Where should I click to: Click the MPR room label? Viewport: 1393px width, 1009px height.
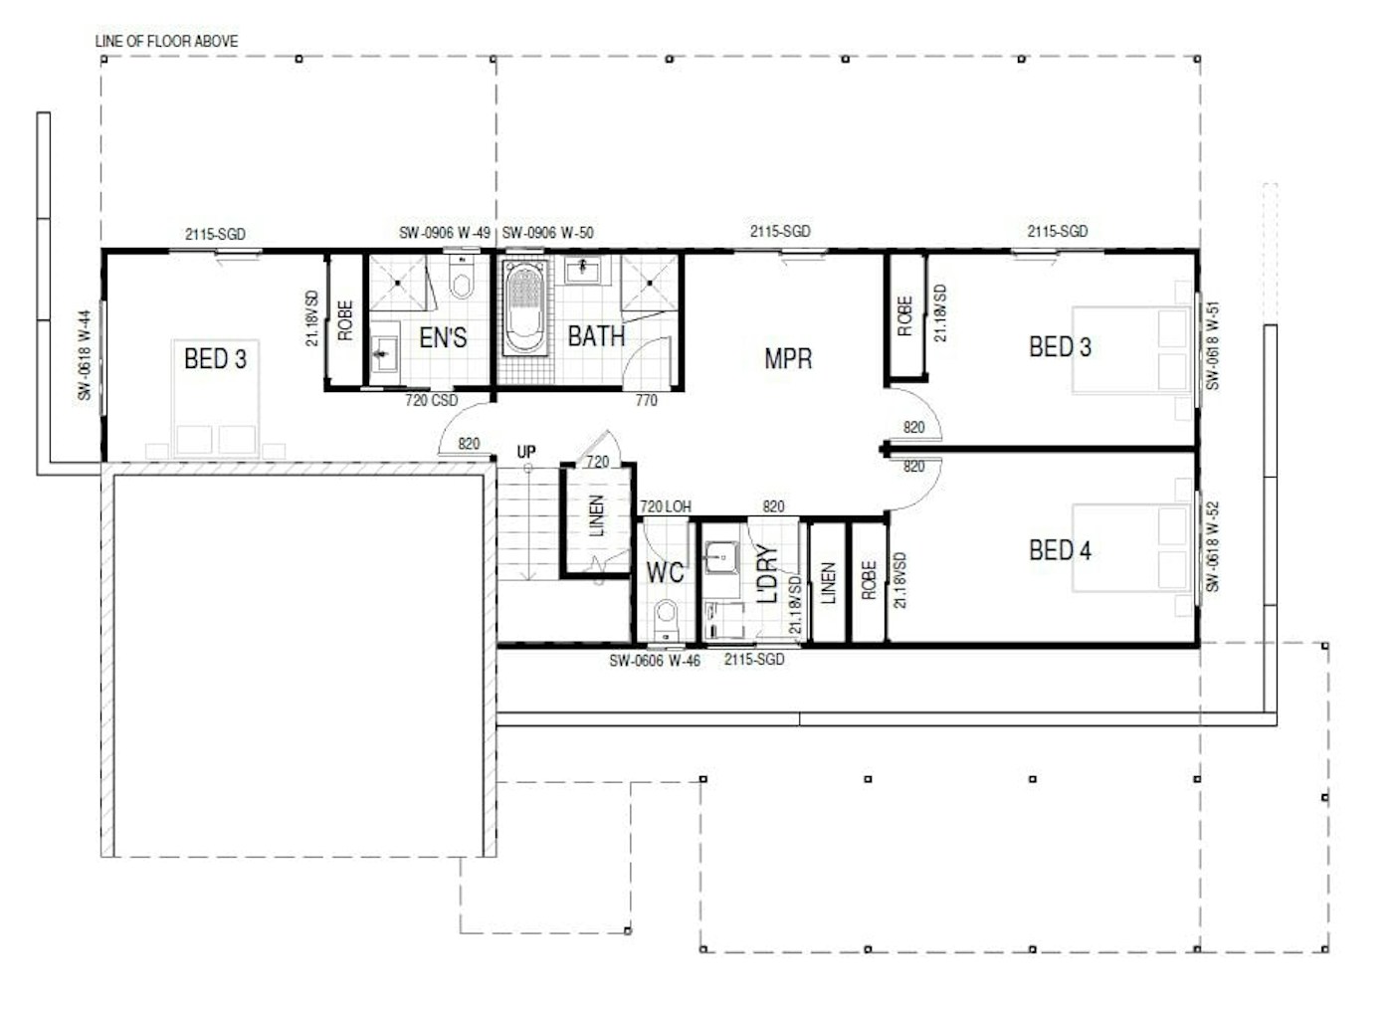(788, 358)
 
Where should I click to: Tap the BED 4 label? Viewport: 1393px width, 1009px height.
(1060, 550)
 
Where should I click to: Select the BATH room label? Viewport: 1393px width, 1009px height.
(596, 336)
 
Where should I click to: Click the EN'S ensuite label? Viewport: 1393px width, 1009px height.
(443, 337)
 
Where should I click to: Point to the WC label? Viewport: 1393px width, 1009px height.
(665, 572)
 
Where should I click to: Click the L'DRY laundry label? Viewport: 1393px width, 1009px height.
(767, 573)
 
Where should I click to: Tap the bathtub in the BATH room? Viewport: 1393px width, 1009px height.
(524, 307)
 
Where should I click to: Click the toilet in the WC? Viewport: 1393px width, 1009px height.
(666, 619)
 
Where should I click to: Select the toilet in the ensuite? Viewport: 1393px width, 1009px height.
(461, 277)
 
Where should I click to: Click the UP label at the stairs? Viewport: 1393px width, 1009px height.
(526, 451)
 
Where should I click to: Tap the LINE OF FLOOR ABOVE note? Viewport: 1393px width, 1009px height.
(166, 41)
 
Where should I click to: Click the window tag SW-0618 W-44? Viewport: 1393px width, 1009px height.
(85, 355)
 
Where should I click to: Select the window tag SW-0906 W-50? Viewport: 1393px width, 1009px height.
(547, 233)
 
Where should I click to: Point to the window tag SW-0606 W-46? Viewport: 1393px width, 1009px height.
(655, 661)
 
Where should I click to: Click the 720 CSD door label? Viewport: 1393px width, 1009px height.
(431, 400)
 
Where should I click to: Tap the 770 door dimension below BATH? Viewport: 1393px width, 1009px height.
(646, 400)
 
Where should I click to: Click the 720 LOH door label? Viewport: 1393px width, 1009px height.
(666, 506)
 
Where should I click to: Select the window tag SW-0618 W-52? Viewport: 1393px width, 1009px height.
(1212, 547)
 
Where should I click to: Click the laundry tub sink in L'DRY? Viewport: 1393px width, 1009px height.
(721, 557)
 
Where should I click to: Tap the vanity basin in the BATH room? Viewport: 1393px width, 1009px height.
(582, 270)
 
